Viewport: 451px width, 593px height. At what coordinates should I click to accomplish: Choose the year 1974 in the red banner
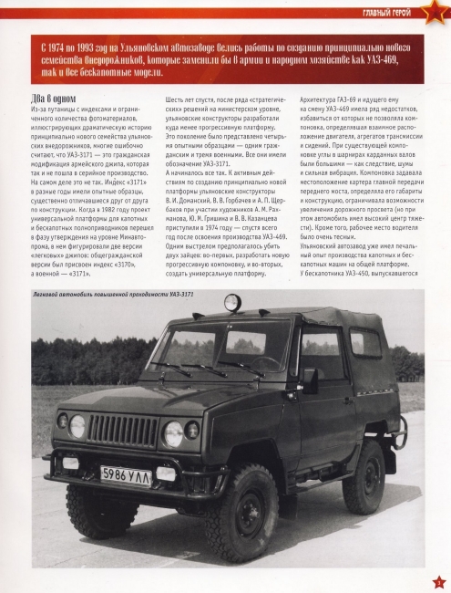point(54,45)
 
